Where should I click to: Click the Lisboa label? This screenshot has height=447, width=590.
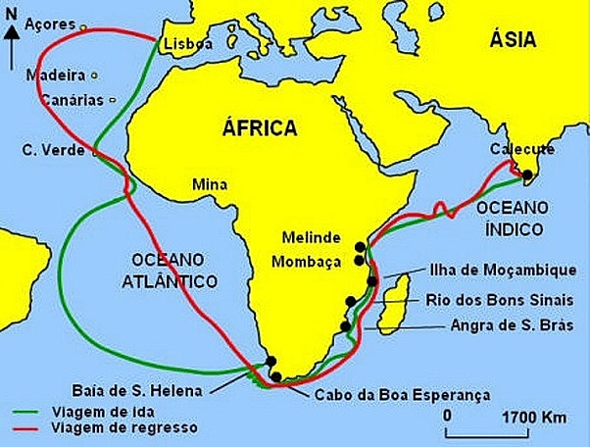click(187, 45)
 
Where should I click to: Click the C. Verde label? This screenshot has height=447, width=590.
click(51, 151)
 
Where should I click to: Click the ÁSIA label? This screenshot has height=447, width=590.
click(514, 40)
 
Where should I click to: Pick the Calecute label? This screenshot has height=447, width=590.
click(525, 149)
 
